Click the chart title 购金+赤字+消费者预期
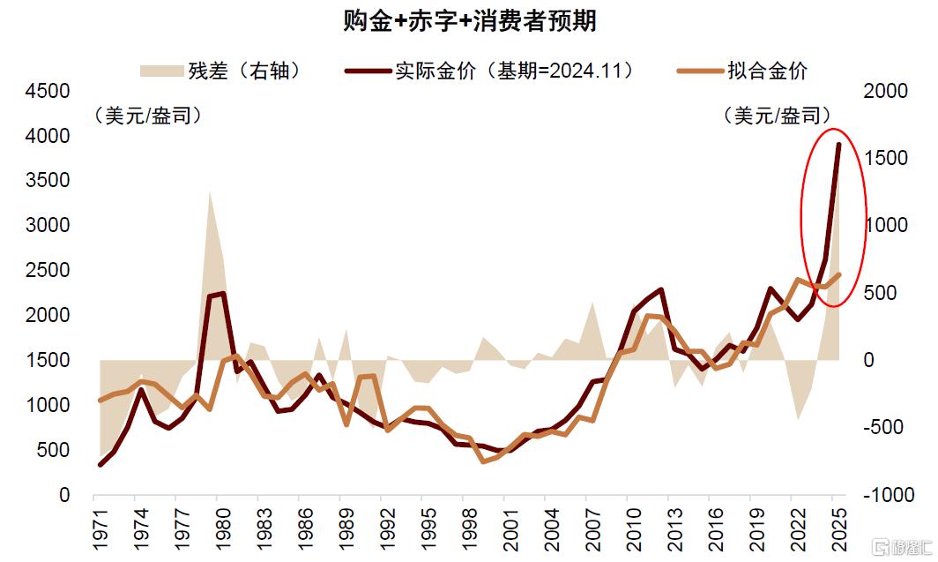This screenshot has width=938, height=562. (x=469, y=21)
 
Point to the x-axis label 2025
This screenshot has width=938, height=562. (x=837, y=528)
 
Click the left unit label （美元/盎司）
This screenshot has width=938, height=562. (x=146, y=116)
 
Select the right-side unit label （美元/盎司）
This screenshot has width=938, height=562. (x=776, y=116)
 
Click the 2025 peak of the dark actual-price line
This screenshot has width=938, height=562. (x=838, y=145)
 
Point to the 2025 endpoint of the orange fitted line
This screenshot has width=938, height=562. (x=838, y=274)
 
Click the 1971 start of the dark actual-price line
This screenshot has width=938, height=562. (x=100, y=464)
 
